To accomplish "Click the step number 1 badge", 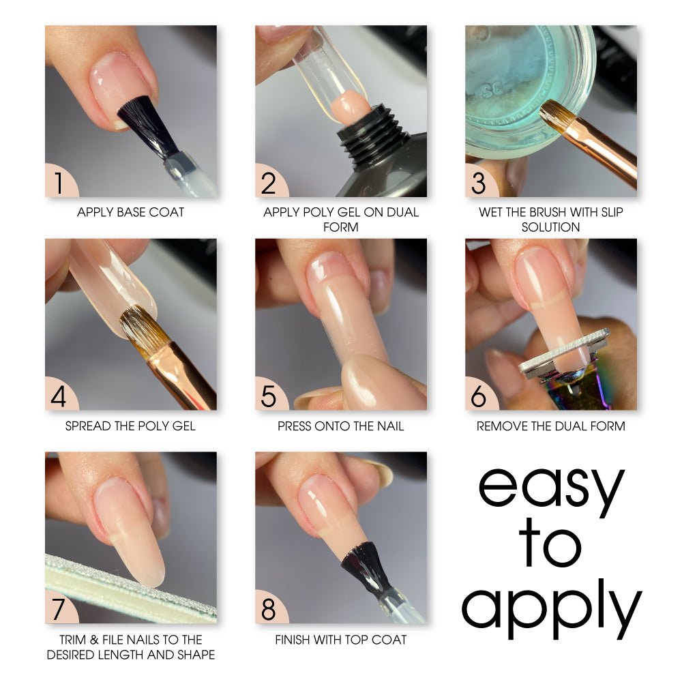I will (x=59, y=183).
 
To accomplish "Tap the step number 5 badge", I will (x=269, y=396).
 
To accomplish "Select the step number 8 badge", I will (x=269, y=609).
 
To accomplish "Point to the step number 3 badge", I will (x=479, y=183).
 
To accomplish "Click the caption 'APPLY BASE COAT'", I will (x=130, y=212).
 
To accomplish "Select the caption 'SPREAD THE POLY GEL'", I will (x=130, y=426).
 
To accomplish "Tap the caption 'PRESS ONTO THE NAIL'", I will (x=340, y=426).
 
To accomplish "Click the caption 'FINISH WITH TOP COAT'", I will (x=340, y=639).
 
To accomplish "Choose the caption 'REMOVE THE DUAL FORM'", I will (x=550, y=426).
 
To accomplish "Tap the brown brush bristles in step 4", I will (x=143, y=327).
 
